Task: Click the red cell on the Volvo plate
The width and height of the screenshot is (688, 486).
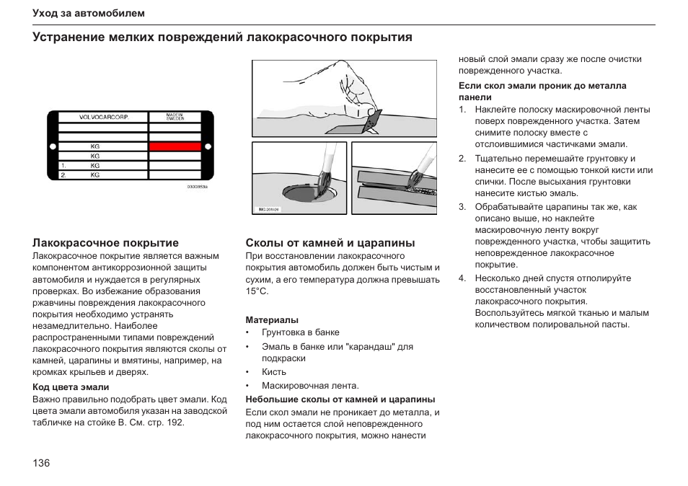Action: pos(175,146)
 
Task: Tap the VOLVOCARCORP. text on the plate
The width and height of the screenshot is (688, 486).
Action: pos(103,117)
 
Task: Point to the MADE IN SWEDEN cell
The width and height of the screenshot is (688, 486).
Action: pos(175,117)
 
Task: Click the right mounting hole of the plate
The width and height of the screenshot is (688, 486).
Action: pos(208,146)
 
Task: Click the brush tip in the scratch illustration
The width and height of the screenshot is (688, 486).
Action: pos(416,181)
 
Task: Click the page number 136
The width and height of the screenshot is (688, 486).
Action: pos(41,463)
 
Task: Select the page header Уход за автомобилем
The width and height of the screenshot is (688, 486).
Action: pos(89,14)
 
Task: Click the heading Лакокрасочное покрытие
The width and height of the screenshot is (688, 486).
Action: pos(105,243)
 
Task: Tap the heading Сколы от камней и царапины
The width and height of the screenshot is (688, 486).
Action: pos(330,243)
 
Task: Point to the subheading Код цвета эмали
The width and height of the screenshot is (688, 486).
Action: pos(71,387)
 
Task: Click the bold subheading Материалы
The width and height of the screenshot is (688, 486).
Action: pos(272,319)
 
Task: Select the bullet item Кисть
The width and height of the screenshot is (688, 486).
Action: pos(274,372)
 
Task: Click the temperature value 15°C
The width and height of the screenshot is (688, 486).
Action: pos(257,291)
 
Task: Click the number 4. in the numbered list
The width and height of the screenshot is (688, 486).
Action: pos(463,278)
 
